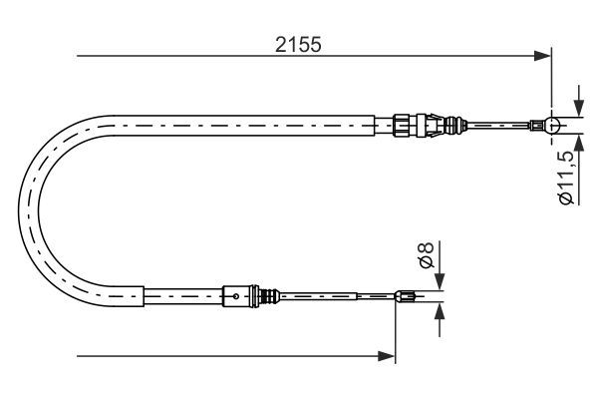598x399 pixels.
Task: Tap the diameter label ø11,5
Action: click(565, 178)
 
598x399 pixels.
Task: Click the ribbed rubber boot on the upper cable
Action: click(456, 125)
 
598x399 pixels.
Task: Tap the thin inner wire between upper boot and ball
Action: click(503, 125)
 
